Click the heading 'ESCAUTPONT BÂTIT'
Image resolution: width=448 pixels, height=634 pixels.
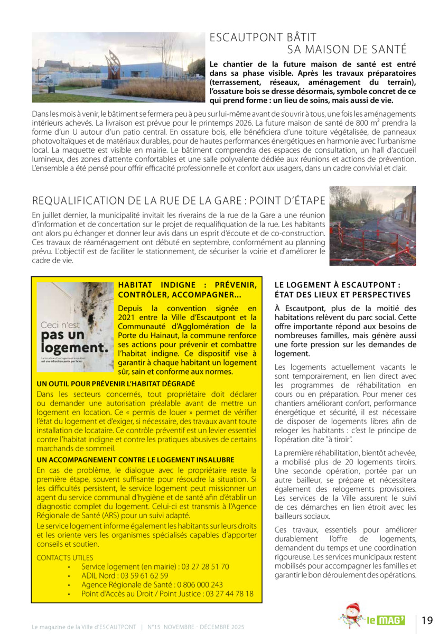point(263,38)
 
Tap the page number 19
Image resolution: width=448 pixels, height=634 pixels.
point(427,620)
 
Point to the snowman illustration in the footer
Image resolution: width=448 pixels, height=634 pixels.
point(351,616)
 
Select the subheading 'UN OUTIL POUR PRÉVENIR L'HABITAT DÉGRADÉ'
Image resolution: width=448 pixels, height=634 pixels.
point(116,384)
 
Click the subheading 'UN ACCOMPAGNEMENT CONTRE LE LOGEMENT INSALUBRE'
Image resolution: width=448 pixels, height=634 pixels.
point(135,460)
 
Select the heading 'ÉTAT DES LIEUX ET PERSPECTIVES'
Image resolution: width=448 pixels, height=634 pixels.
point(342,295)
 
